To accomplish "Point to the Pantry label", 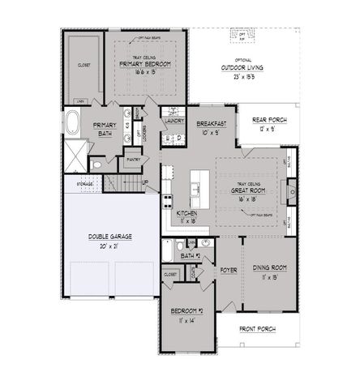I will point(135,160).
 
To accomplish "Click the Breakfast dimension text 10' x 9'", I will point(211,131).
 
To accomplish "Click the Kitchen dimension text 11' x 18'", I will point(187,220).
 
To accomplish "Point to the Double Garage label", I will point(110,236).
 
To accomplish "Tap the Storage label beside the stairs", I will point(85,184).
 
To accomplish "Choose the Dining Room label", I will point(268,267).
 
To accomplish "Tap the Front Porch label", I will point(258,329).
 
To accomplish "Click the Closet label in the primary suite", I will point(84,63).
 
